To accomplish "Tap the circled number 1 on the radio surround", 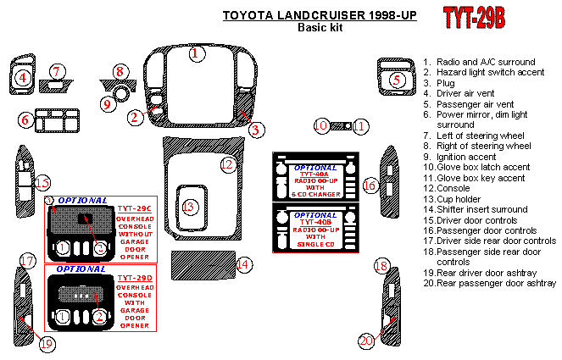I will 197,54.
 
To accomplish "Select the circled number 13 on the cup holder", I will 189,207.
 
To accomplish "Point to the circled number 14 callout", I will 243,265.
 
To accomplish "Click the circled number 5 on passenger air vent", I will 396,80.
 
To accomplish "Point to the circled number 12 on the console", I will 226,164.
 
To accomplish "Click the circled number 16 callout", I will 370,185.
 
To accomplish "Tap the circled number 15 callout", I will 42,183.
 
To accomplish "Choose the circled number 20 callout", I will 366,341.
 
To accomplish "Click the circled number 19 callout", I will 47,343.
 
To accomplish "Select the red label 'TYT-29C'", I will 134,208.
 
